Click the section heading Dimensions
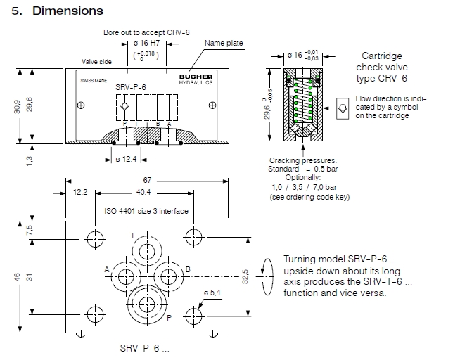(x=68, y=11)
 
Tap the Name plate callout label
(x=224, y=44)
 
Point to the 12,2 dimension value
(x=80, y=193)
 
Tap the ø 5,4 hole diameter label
(x=213, y=292)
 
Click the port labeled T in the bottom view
(x=147, y=252)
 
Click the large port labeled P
(x=147, y=304)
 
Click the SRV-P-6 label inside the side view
(x=130, y=87)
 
